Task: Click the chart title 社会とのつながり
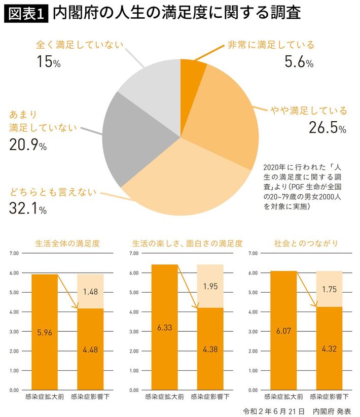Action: pyautogui.click(x=305, y=244)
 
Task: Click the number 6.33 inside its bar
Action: pyautogui.click(x=164, y=327)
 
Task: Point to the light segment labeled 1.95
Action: pyautogui.click(x=210, y=286)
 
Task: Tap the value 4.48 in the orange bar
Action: pyautogui.click(x=90, y=350)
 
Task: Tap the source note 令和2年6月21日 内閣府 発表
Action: pyautogui.click(x=297, y=410)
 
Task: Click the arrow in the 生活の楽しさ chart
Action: pyautogui.click(x=188, y=287)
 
